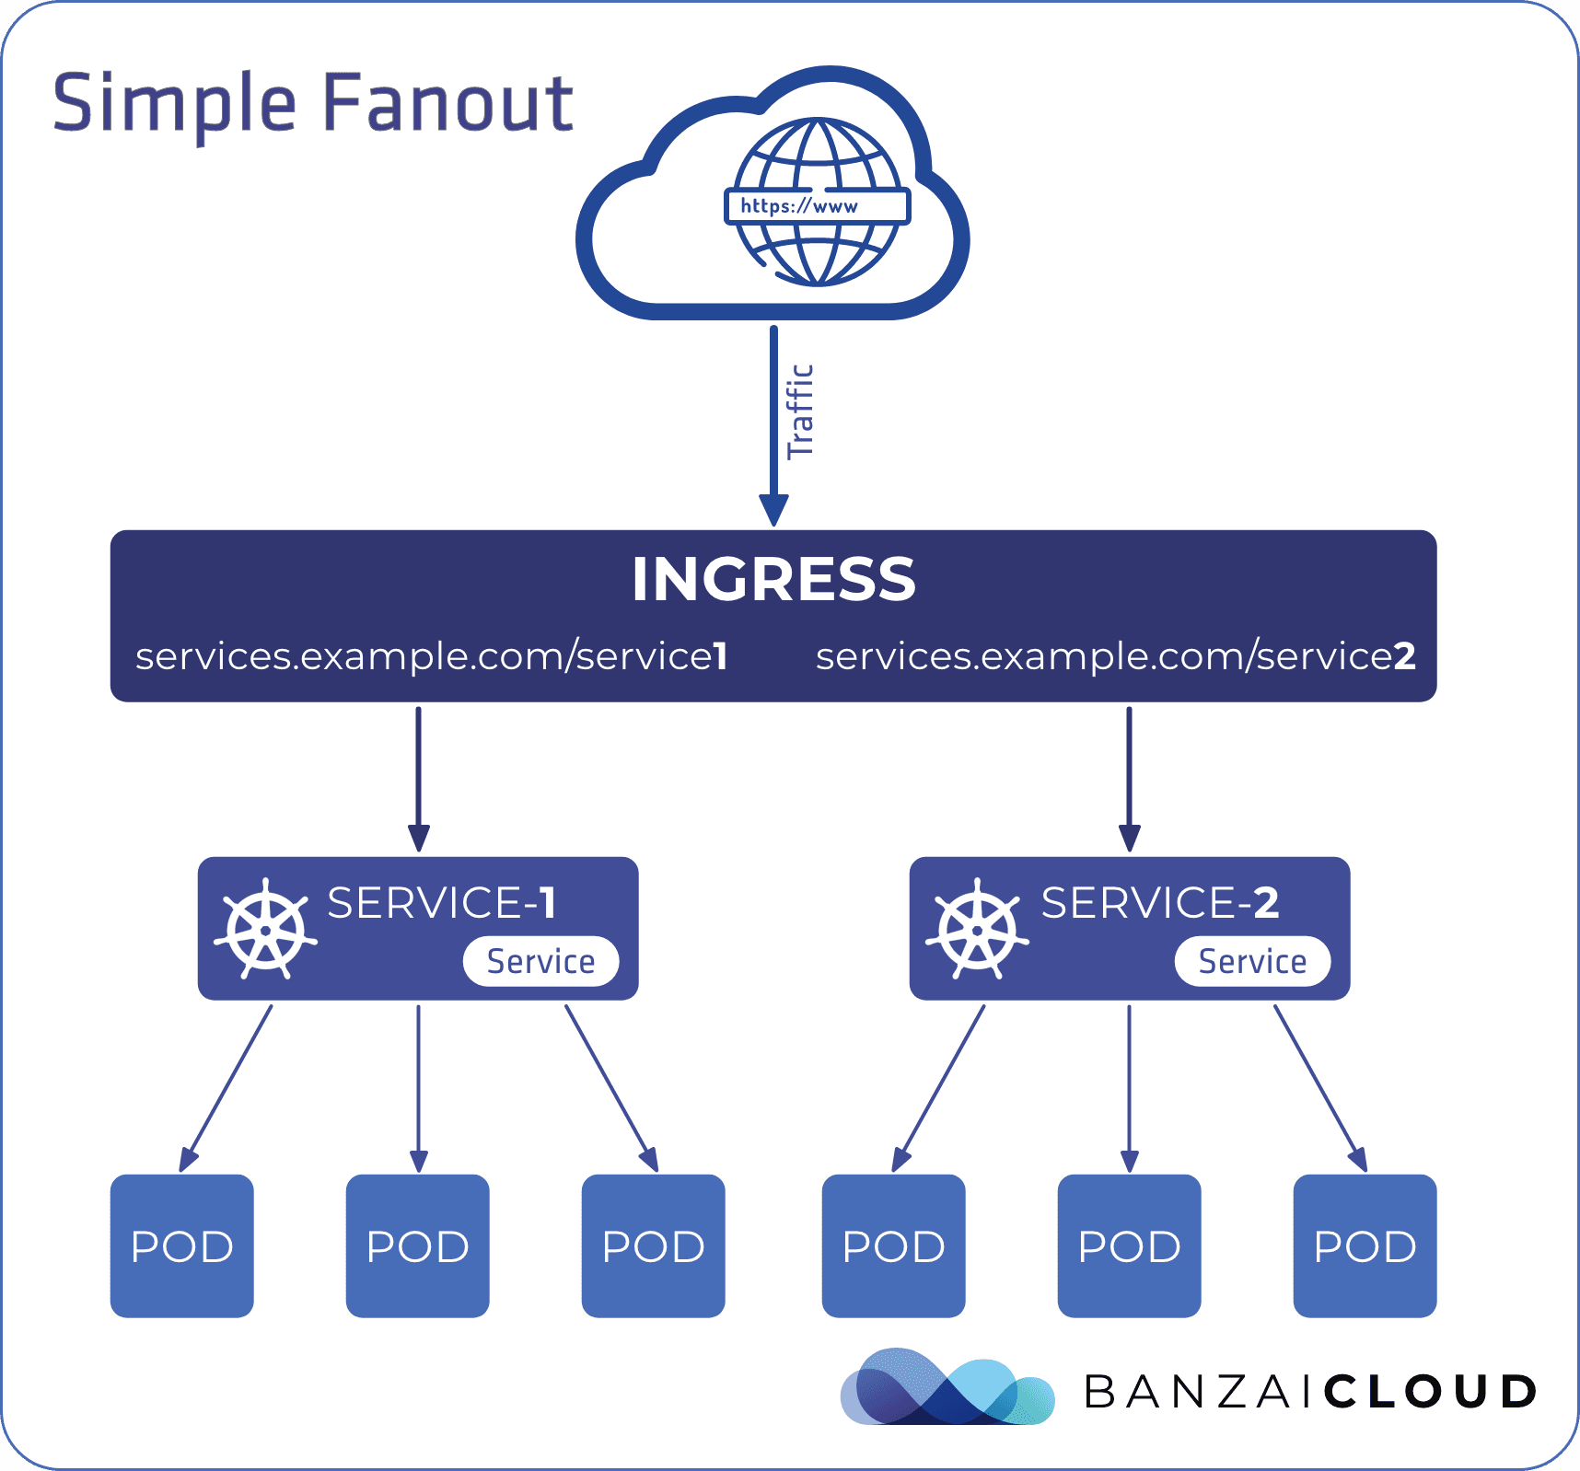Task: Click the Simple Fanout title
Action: [313, 103]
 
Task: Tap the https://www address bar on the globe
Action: [818, 206]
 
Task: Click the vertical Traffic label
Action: [800, 411]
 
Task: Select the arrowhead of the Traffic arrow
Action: [773, 510]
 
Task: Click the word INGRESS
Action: [773, 580]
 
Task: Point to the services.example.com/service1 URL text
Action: [431, 656]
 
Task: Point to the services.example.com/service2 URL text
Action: [1115, 656]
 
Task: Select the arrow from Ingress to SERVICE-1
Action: [419, 778]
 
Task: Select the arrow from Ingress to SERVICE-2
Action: [1130, 778]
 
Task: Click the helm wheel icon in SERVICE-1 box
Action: [266, 929]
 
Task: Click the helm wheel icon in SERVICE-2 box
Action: [978, 929]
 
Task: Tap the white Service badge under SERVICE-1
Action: [540, 962]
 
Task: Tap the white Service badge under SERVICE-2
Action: [1252, 962]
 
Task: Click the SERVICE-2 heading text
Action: [1159, 903]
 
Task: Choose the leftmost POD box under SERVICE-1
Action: [182, 1245]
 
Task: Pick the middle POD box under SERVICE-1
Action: [418, 1245]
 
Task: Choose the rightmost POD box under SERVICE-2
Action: [1365, 1245]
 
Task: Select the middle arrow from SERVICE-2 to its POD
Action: [1130, 1086]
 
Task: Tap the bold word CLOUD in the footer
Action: [1431, 1391]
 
